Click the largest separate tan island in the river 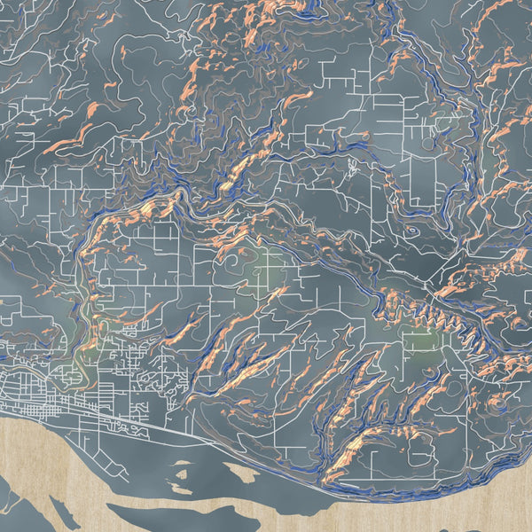pyautogui.click(x=146, y=512)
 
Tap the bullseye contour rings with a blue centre pyautogui.click(x=413, y=229)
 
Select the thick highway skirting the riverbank pyautogui.click(x=222, y=434)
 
